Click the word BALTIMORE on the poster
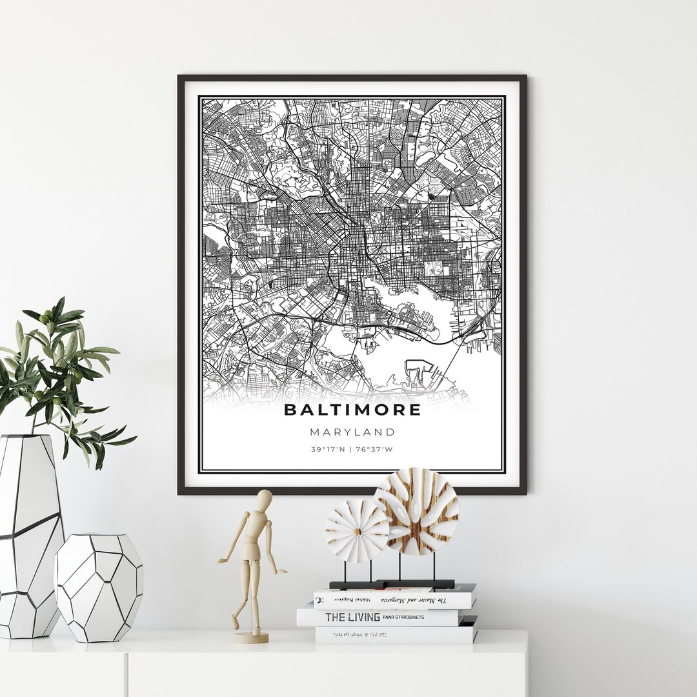(352, 410)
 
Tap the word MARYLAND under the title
(352, 432)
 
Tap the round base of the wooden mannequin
(251, 637)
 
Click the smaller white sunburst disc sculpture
(357, 530)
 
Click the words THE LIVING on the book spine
(352, 617)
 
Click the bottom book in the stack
(395, 634)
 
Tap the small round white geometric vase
(99, 587)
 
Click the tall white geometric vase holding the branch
(29, 536)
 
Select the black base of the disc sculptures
(392, 583)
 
